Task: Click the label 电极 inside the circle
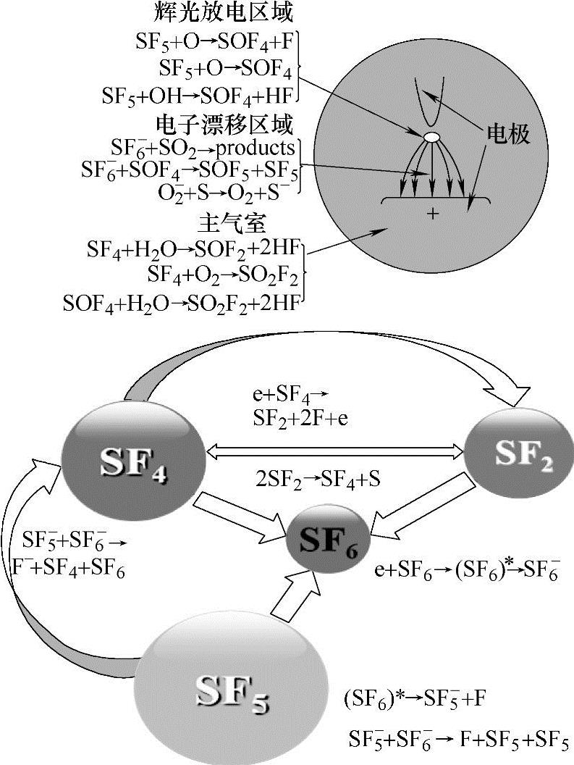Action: pyautogui.click(x=507, y=135)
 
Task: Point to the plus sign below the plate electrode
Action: pyautogui.click(x=434, y=214)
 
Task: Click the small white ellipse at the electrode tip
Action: pyautogui.click(x=431, y=136)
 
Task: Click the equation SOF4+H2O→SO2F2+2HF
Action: pyautogui.click(x=181, y=301)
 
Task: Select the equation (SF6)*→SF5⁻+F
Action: pyautogui.click(x=415, y=700)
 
